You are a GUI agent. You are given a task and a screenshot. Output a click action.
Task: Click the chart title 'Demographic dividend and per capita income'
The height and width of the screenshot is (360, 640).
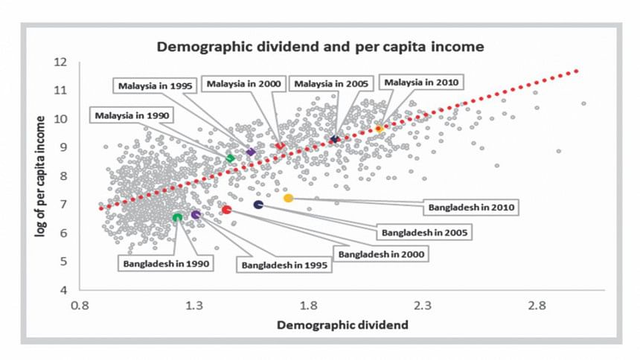(x=319, y=47)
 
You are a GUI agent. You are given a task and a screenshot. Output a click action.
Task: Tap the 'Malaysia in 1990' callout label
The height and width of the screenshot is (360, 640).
(x=132, y=115)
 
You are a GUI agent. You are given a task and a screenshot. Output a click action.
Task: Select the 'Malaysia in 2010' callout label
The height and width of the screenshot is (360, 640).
(x=422, y=83)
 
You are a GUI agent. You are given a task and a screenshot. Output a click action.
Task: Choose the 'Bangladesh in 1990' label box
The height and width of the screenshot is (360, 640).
(x=164, y=263)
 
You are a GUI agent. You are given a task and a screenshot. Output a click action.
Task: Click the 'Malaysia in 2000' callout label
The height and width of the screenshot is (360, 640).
(x=243, y=84)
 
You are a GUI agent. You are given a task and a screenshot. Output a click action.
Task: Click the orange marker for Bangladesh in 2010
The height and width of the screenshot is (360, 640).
(x=288, y=198)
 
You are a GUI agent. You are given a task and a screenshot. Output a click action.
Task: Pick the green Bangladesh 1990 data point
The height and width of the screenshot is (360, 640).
(x=177, y=216)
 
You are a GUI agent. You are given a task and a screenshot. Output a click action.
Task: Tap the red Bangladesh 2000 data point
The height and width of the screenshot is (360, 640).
(x=227, y=210)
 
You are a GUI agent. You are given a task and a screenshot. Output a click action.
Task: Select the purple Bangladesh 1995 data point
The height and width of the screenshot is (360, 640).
(x=196, y=215)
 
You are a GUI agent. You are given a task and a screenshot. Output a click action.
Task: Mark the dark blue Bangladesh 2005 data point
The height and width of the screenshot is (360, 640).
(x=259, y=205)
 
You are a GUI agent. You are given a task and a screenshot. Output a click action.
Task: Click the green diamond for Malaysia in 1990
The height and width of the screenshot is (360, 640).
(x=230, y=158)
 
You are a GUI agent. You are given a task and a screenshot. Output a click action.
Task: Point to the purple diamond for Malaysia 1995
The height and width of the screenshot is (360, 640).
(x=251, y=152)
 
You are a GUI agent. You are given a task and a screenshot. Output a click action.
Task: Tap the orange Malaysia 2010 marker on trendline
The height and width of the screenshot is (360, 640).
(x=379, y=129)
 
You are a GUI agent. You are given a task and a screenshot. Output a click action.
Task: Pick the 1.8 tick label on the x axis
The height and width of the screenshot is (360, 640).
(x=309, y=305)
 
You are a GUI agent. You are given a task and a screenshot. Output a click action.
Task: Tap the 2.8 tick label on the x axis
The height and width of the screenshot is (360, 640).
(x=537, y=305)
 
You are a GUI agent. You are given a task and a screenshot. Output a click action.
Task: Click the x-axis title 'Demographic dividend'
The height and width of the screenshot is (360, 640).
(x=331, y=325)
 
